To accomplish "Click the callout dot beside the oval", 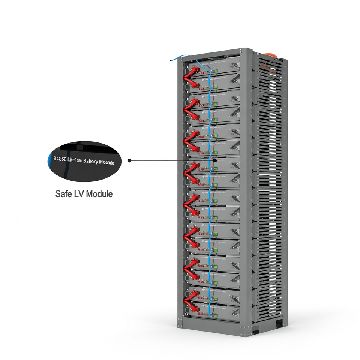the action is tap(129, 160).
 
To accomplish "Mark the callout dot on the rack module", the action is tap(215, 160).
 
